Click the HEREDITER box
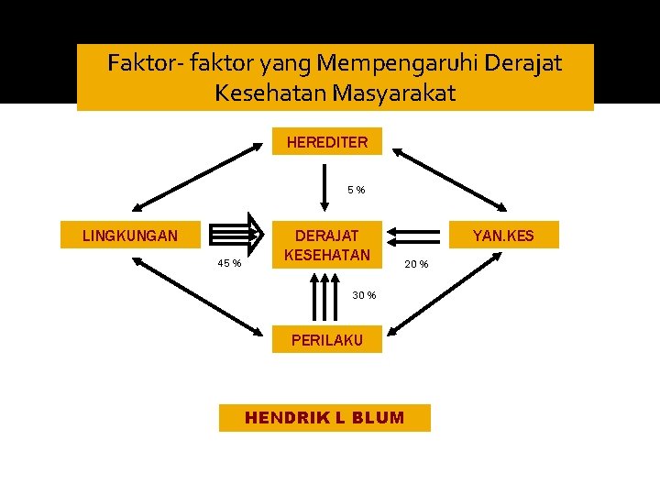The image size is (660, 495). [x=326, y=142]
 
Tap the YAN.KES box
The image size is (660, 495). [x=503, y=236]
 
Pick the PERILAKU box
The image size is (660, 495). [x=326, y=340]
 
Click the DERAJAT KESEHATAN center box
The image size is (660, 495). [x=326, y=245]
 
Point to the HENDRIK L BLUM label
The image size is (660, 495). [x=324, y=418]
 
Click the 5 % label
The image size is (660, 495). [x=356, y=190]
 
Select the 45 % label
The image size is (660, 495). [x=229, y=264]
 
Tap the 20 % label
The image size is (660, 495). [x=416, y=265]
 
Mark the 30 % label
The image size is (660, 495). [x=364, y=294]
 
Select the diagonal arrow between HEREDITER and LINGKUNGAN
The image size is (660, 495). [x=196, y=173]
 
